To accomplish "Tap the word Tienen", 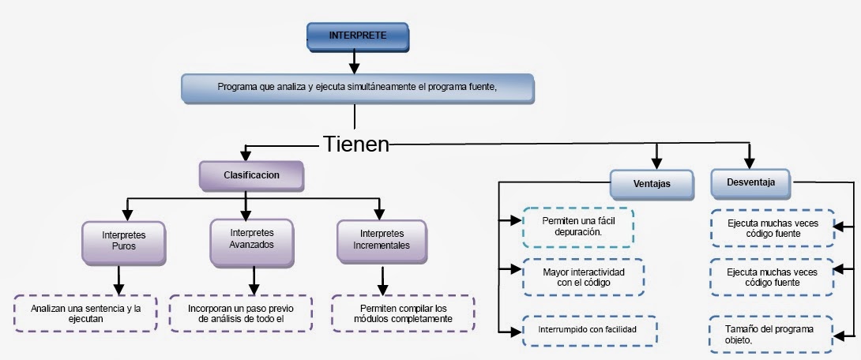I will [x=356, y=144].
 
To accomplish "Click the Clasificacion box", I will [x=250, y=175].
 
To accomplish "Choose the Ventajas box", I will [x=652, y=184].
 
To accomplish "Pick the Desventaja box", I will [x=750, y=182].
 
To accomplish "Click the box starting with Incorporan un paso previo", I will [x=240, y=313].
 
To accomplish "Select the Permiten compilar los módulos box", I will [x=403, y=313].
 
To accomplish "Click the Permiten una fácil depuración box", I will [x=579, y=227].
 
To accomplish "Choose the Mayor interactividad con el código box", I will [x=582, y=276].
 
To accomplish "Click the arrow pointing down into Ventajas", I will [x=656, y=156].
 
